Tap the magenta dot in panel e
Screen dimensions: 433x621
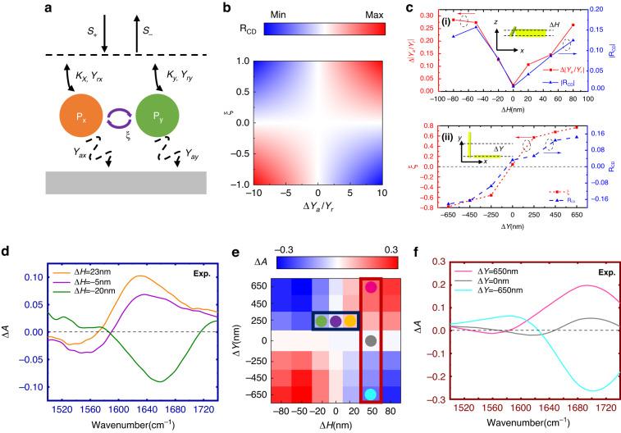coord(372,287)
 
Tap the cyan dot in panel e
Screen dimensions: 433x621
coord(372,394)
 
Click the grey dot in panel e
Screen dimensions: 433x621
coord(372,340)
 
